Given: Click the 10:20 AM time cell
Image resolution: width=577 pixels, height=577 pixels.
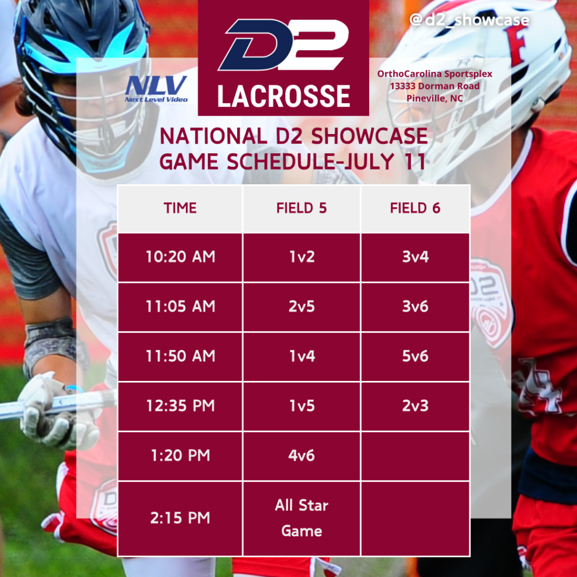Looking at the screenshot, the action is point(180,257).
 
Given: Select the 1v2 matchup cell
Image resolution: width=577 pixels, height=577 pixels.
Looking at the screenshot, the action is point(301,257).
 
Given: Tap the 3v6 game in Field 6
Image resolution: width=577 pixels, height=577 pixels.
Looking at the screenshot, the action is point(415,307).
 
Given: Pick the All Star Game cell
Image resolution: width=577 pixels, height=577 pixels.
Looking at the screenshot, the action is point(301,518).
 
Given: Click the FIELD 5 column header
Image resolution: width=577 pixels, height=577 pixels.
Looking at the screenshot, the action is point(301,208).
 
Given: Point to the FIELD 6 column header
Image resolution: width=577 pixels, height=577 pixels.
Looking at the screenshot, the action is point(415,208).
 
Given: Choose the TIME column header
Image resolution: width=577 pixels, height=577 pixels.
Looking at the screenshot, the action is point(180,208).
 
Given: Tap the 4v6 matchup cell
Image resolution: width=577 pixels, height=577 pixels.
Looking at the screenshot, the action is point(301,456).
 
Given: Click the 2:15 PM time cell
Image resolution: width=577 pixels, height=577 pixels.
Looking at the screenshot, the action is point(180,518).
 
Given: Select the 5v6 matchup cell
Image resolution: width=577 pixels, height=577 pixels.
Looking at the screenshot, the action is point(415,357).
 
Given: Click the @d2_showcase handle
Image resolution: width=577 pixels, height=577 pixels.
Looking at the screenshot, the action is point(469,20).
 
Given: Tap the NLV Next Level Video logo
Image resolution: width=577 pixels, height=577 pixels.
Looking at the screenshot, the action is point(156,88).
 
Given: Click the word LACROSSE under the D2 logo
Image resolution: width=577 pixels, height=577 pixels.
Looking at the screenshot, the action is point(283,96).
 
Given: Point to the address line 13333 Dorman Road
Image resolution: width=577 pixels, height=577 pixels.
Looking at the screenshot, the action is point(434,86).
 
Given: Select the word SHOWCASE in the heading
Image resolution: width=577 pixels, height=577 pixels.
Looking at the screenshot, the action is point(370,136).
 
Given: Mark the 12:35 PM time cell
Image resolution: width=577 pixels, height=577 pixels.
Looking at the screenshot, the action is point(180,406).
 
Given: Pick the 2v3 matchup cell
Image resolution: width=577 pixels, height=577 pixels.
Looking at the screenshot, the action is point(415,406).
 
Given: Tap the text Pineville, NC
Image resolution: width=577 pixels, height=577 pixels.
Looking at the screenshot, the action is point(434,99).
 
